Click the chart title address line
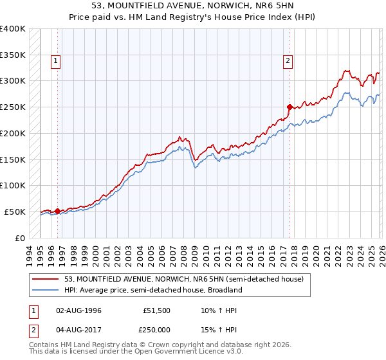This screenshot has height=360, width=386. (x=193, y=6)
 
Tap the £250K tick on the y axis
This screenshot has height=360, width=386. (x=13, y=107)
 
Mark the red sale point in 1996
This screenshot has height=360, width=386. (x=57, y=210)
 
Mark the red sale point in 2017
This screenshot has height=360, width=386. (x=289, y=107)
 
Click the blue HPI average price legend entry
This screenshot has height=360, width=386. (x=152, y=290)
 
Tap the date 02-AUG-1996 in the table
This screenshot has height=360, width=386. (x=79, y=310)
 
